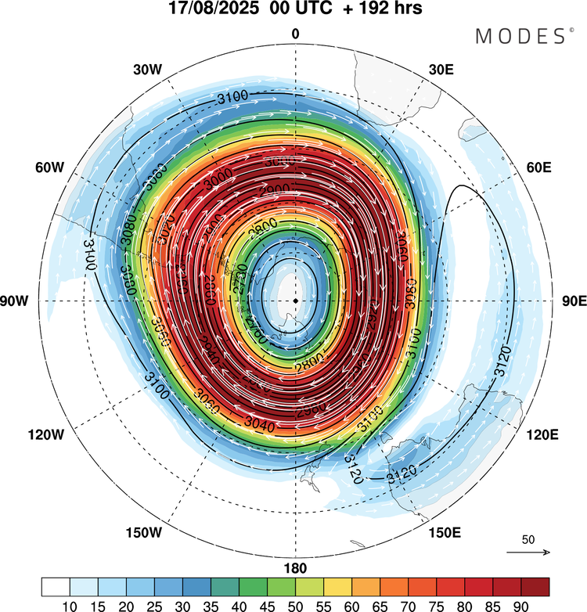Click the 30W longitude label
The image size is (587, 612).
tap(147, 69)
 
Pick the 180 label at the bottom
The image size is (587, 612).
tap(295, 568)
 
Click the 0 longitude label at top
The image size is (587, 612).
tap(295, 34)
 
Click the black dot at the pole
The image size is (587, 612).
tap(295, 301)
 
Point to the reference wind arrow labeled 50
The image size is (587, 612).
tap(528, 552)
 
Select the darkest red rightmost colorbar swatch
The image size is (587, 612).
tap(535, 586)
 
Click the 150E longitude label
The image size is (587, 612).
tap(444, 533)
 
